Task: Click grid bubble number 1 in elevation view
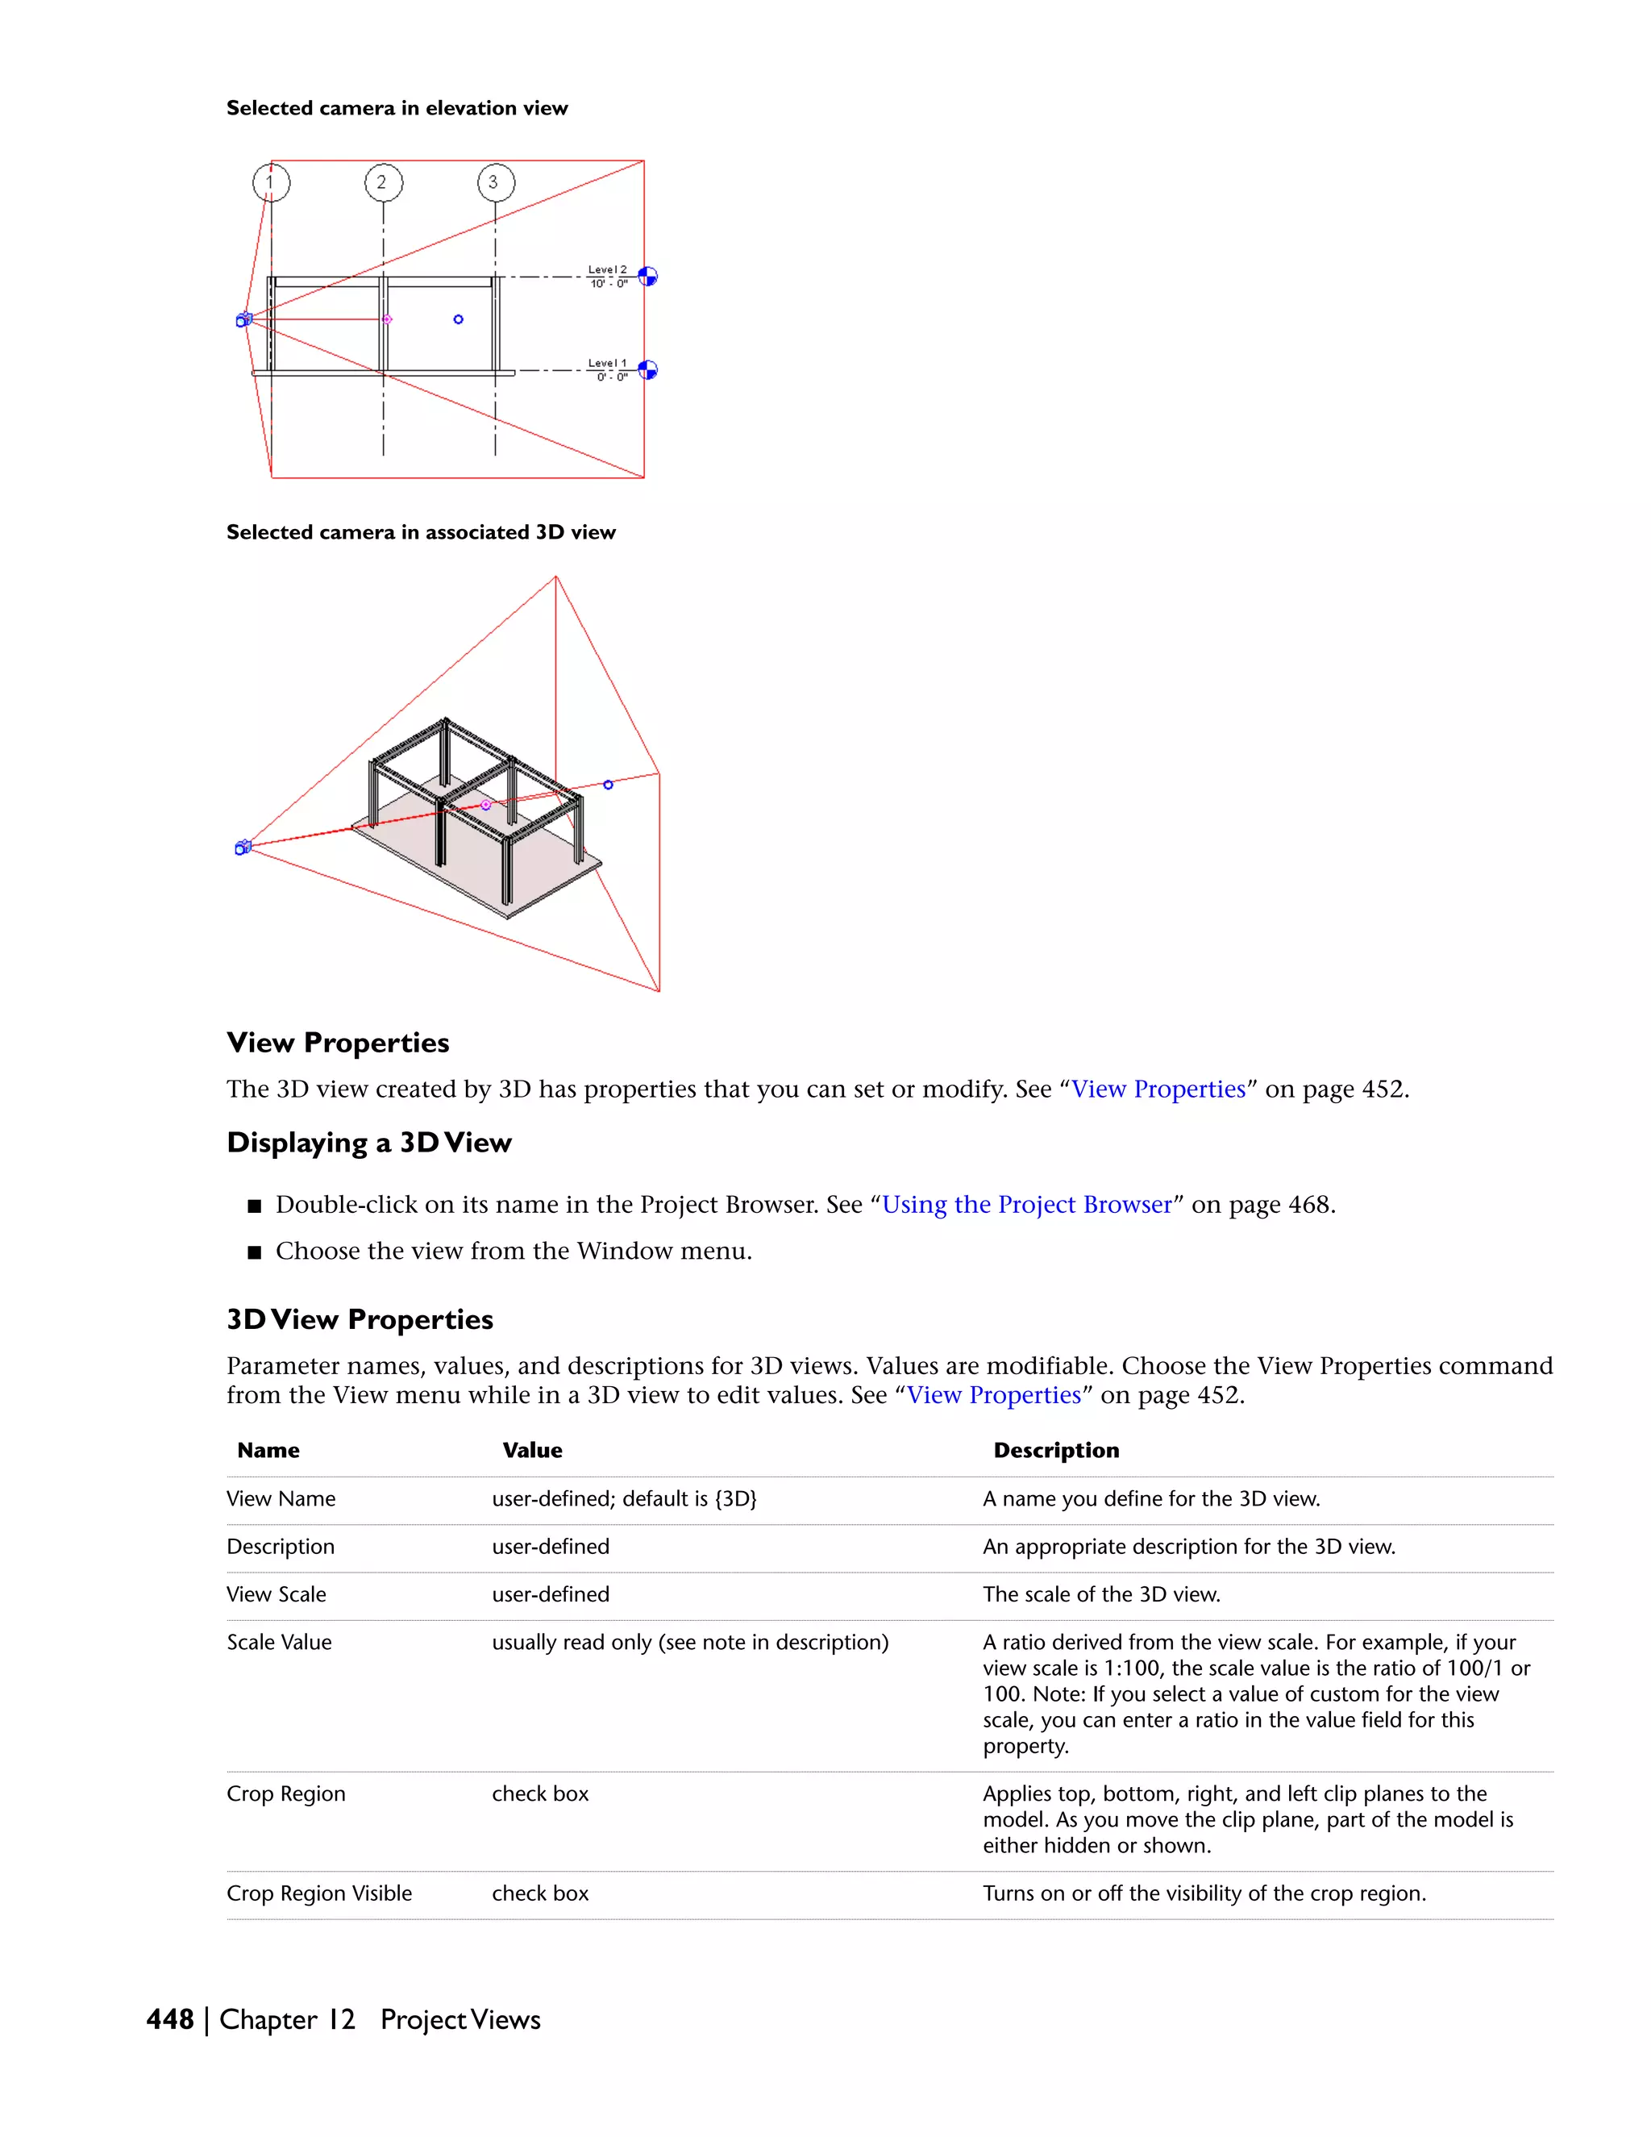click(x=271, y=182)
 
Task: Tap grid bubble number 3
click(x=496, y=182)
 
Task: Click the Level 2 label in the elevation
click(x=606, y=270)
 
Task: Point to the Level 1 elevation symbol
click(x=647, y=370)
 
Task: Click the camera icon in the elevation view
click(x=244, y=319)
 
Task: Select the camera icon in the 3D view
click(x=243, y=848)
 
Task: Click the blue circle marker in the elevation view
click(x=458, y=319)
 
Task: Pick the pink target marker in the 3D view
click(x=485, y=804)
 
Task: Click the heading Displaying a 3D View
click(x=368, y=1143)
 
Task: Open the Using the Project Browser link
click(x=1026, y=1205)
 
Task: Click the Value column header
click(x=532, y=1450)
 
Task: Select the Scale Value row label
click(x=279, y=1642)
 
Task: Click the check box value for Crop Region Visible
click(x=540, y=1893)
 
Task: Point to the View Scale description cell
click(x=1101, y=1594)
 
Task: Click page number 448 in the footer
click(x=169, y=2019)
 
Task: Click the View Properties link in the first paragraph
click(x=1158, y=1089)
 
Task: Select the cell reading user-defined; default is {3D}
click(x=624, y=1499)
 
